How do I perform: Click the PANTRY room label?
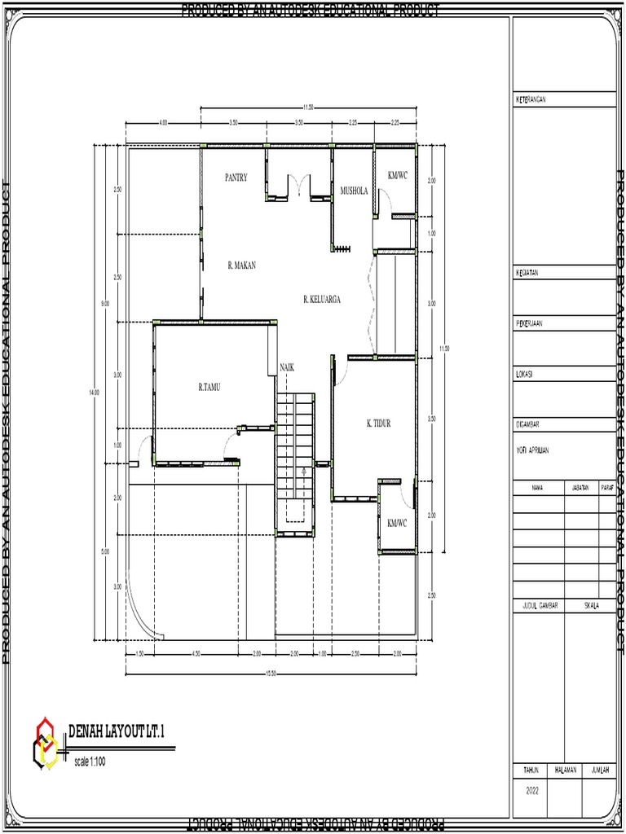click(236, 177)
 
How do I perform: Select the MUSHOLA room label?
click(354, 191)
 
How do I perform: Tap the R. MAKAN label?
click(241, 265)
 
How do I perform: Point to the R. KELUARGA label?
click(321, 299)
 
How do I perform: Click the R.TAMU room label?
click(209, 388)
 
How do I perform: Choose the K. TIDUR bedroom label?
click(379, 424)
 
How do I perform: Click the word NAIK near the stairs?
click(287, 367)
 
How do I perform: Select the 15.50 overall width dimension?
click(271, 673)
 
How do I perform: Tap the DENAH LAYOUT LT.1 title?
click(116, 731)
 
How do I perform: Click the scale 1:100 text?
click(90, 762)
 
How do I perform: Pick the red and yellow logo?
click(45, 741)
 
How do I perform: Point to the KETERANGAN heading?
click(531, 99)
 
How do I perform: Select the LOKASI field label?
click(524, 374)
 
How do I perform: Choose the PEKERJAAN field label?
click(529, 323)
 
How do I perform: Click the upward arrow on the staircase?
click(303, 472)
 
